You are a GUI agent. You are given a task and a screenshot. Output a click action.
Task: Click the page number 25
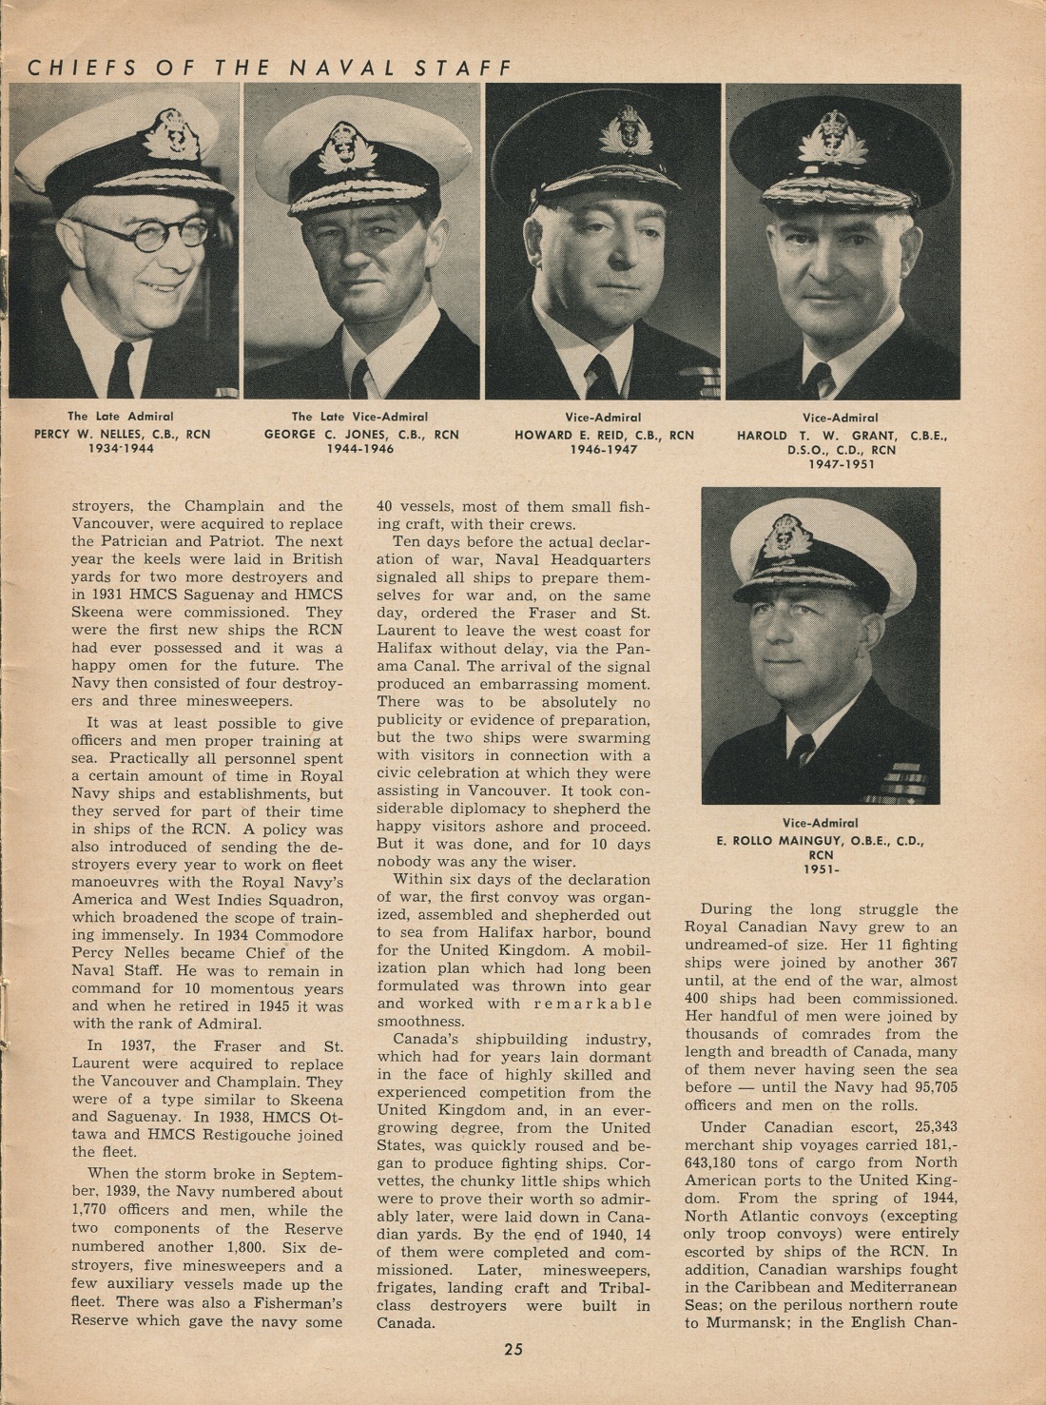point(513,1348)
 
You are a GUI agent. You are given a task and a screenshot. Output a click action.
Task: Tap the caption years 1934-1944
point(121,449)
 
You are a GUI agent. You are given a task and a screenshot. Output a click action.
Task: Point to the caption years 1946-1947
point(604,449)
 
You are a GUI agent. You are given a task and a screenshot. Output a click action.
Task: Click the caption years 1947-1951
point(841,464)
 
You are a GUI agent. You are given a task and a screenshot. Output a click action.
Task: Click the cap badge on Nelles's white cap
point(170,133)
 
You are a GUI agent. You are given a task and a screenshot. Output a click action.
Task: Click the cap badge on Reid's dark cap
point(625,130)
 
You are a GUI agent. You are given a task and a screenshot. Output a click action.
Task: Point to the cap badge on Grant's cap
point(833,139)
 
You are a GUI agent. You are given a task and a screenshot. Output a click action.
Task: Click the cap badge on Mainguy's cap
point(785,536)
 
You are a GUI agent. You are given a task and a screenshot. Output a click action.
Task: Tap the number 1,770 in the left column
point(94,1211)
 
